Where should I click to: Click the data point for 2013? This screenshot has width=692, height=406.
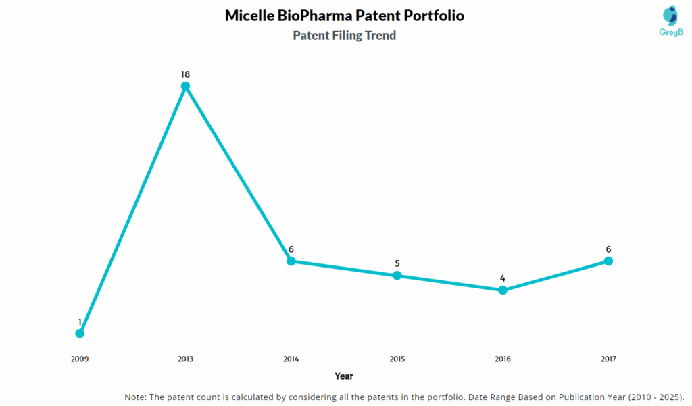pyautogui.click(x=185, y=86)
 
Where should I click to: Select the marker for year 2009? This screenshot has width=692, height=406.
pyautogui.click(x=80, y=333)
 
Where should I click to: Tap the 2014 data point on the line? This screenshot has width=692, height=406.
pyautogui.click(x=291, y=261)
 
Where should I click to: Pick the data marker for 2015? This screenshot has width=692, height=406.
pyautogui.click(x=397, y=276)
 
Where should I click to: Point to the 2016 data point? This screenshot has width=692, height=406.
pyautogui.click(x=503, y=290)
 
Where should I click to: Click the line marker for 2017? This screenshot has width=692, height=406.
pyautogui.click(x=608, y=261)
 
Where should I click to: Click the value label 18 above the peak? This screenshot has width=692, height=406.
pyautogui.click(x=185, y=73)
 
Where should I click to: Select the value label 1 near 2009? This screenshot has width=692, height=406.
pyautogui.click(x=80, y=322)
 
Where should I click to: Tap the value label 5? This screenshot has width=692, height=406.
pyautogui.click(x=397, y=263)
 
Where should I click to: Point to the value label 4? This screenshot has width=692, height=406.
pyautogui.click(x=503, y=278)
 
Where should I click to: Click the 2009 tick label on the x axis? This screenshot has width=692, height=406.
pyautogui.click(x=80, y=359)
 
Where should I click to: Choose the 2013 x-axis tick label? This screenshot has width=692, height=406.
pyautogui.click(x=185, y=359)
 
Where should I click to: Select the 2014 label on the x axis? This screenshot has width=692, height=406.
pyautogui.click(x=291, y=359)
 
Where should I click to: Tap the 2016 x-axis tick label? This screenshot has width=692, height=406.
pyautogui.click(x=503, y=359)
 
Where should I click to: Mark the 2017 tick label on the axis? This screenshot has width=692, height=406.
pyautogui.click(x=608, y=359)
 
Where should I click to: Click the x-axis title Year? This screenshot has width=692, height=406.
pyautogui.click(x=344, y=376)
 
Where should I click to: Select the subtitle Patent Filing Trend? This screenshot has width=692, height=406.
pyautogui.click(x=344, y=36)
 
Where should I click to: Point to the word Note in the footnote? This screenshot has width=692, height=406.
pyautogui.click(x=137, y=396)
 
